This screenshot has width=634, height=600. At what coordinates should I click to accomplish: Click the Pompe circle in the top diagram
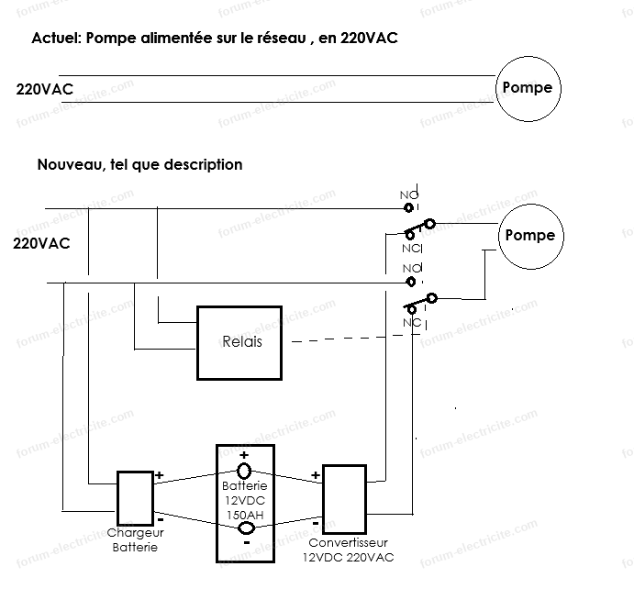tap(528, 88)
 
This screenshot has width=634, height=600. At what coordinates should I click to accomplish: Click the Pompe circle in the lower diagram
tap(530, 236)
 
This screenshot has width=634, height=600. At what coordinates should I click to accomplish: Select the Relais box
tap(242, 342)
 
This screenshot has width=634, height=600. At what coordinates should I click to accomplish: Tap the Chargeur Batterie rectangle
tap(135, 498)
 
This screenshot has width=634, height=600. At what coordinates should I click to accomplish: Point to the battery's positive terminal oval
tap(244, 471)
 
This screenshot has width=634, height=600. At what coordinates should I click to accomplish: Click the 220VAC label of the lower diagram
tap(41, 244)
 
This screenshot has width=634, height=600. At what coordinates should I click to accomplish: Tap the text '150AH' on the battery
tap(244, 514)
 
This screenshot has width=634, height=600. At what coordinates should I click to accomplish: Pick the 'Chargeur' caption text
tap(135, 534)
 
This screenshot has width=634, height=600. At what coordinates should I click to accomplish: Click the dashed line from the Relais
tap(349, 338)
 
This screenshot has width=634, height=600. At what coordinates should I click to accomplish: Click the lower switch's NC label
tap(411, 323)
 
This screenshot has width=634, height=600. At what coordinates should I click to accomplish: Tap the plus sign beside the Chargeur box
tap(159, 475)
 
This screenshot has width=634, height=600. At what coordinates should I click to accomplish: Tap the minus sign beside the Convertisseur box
tap(316, 523)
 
